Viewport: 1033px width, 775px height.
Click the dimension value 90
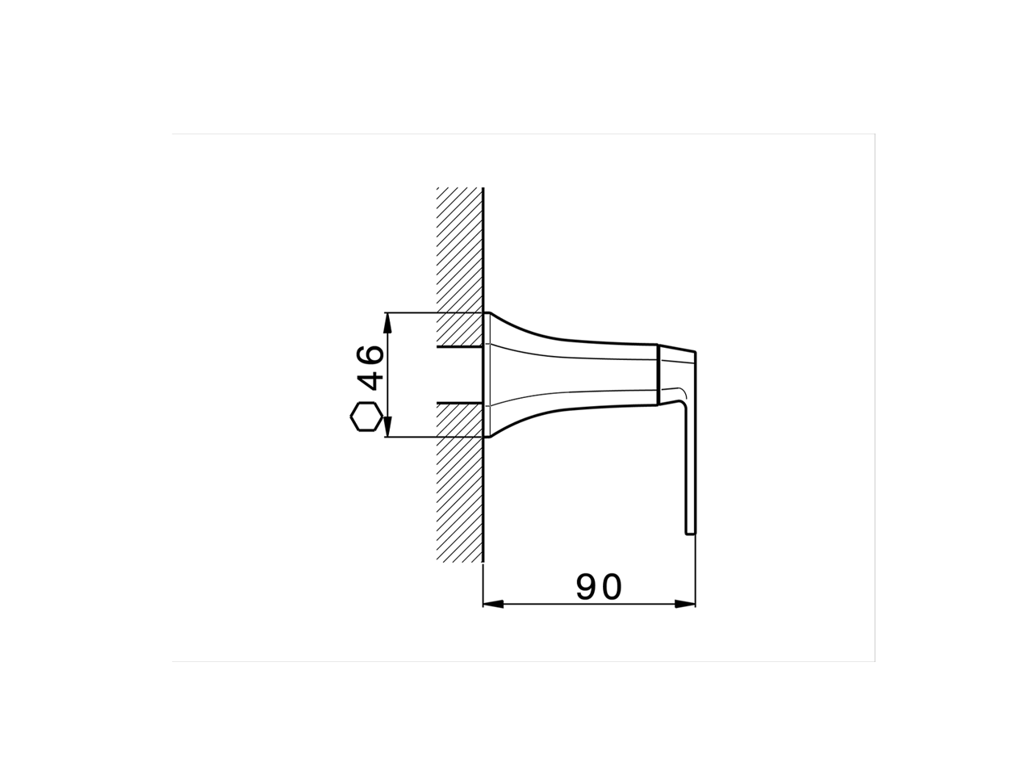pyautogui.click(x=599, y=587)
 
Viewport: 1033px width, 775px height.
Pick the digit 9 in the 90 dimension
pyautogui.click(x=588, y=587)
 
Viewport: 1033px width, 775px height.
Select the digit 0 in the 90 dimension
pyautogui.click(x=611, y=587)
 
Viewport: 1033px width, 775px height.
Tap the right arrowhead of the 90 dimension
pyautogui.click(x=687, y=604)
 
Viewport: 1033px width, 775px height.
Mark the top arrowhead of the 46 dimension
pyautogui.click(x=388, y=320)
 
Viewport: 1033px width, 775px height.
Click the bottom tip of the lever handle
pyautogui.click(x=690, y=532)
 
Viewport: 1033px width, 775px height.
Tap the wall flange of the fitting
pyautogui.click(x=486, y=375)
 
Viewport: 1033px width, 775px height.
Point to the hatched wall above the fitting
pyautogui.click(x=459, y=250)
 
